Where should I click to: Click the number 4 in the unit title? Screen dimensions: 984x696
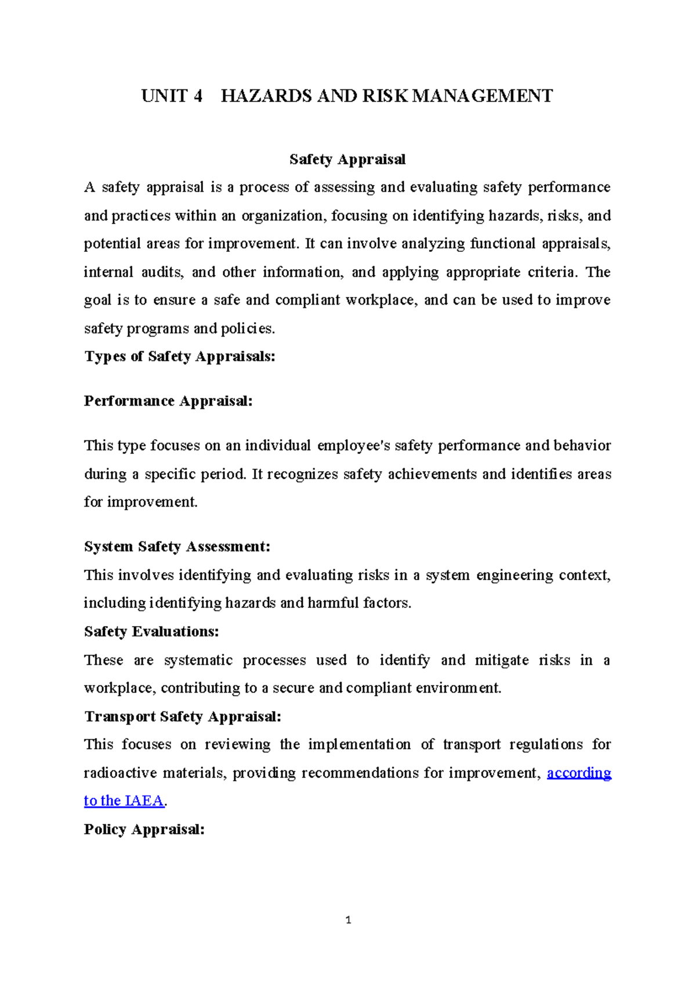pyautogui.click(x=198, y=96)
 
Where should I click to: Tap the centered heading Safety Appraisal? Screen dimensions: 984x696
pyautogui.click(x=347, y=160)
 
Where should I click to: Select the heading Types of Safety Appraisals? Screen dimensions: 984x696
pyautogui.click(x=179, y=356)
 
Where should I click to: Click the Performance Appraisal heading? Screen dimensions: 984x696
pyautogui.click(x=168, y=401)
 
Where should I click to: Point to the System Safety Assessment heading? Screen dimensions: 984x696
pyautogui.click(x=177, y=547)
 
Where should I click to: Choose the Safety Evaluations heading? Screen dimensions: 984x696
pyautogui.click(x=151, y=631)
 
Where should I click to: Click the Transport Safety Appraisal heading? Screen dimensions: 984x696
pyautogui.click(x=183, y=717)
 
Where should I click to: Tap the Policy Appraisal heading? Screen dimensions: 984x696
pyautogui.click(x=144, y=829)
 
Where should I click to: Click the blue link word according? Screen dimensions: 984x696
pyautogui.click(x=579, y=773)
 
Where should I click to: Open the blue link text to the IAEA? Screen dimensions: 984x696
pyautogui.click(x=124, y=801)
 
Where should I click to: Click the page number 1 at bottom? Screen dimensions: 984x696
pyautogui.click(x=348, y=920)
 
